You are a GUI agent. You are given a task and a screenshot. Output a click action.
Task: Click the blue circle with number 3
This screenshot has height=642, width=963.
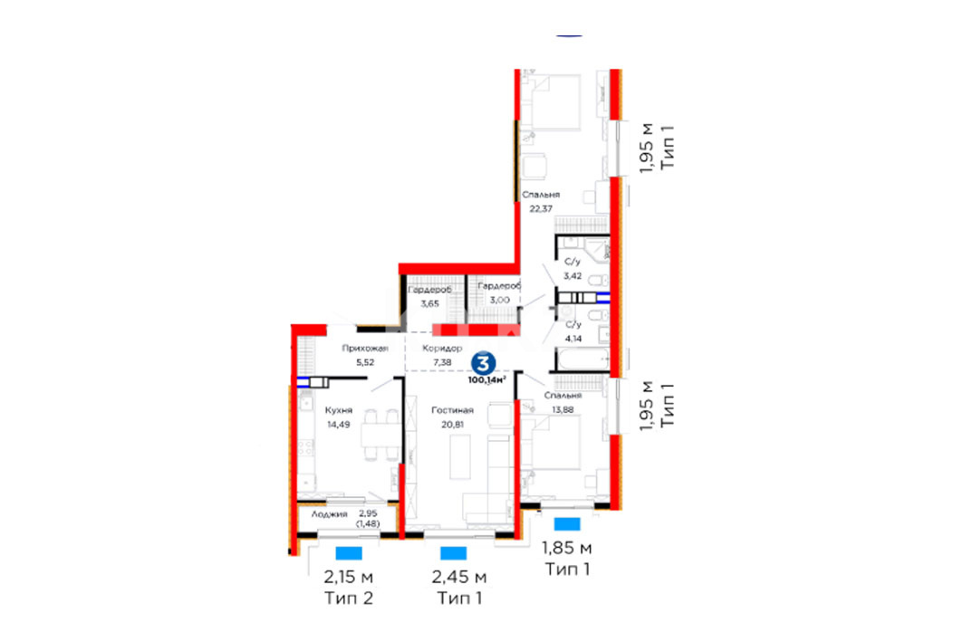coord(484,363)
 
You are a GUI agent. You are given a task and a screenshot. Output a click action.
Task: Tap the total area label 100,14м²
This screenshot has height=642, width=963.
coord(487,380)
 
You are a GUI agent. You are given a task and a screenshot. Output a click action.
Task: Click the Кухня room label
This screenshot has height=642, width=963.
coord(339,410)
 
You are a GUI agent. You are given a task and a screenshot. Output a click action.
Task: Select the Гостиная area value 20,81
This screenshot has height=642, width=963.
coord(452,424)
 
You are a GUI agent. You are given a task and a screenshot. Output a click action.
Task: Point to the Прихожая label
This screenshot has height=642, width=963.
coord(365,348)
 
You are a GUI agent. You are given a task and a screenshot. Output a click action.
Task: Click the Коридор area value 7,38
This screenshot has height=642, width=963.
coord(442,362)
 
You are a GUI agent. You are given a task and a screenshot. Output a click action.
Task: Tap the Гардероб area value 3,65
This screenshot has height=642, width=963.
coord(430,303)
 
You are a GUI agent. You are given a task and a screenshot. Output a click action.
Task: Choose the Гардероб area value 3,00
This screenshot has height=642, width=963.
coord(499,300)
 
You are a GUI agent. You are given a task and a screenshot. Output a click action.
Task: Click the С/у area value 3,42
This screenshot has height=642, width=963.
coord(573,275)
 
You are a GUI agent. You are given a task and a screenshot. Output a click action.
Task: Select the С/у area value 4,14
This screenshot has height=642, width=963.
coord(573,338)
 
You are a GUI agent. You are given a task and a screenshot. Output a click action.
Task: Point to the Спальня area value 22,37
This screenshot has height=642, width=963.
coord(541,208)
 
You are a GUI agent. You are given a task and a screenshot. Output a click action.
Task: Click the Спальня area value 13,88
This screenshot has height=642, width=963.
coord(563,409)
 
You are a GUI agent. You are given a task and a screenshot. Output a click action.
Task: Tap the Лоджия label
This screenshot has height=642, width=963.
coord(329,513)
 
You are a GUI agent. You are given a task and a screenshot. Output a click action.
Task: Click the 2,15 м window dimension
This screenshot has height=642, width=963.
coord(348,577)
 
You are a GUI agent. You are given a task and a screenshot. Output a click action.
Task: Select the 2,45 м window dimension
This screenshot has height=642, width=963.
coord(459,577)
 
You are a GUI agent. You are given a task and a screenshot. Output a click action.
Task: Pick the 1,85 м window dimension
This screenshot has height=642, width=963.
coord(567,547)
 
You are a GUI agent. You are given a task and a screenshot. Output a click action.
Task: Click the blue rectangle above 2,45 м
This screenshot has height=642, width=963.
coord(454,553)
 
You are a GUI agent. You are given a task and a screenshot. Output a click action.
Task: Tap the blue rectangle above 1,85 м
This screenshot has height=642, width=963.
coord(567,523)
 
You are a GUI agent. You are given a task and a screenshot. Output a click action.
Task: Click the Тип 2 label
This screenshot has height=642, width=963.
coord(348,598)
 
